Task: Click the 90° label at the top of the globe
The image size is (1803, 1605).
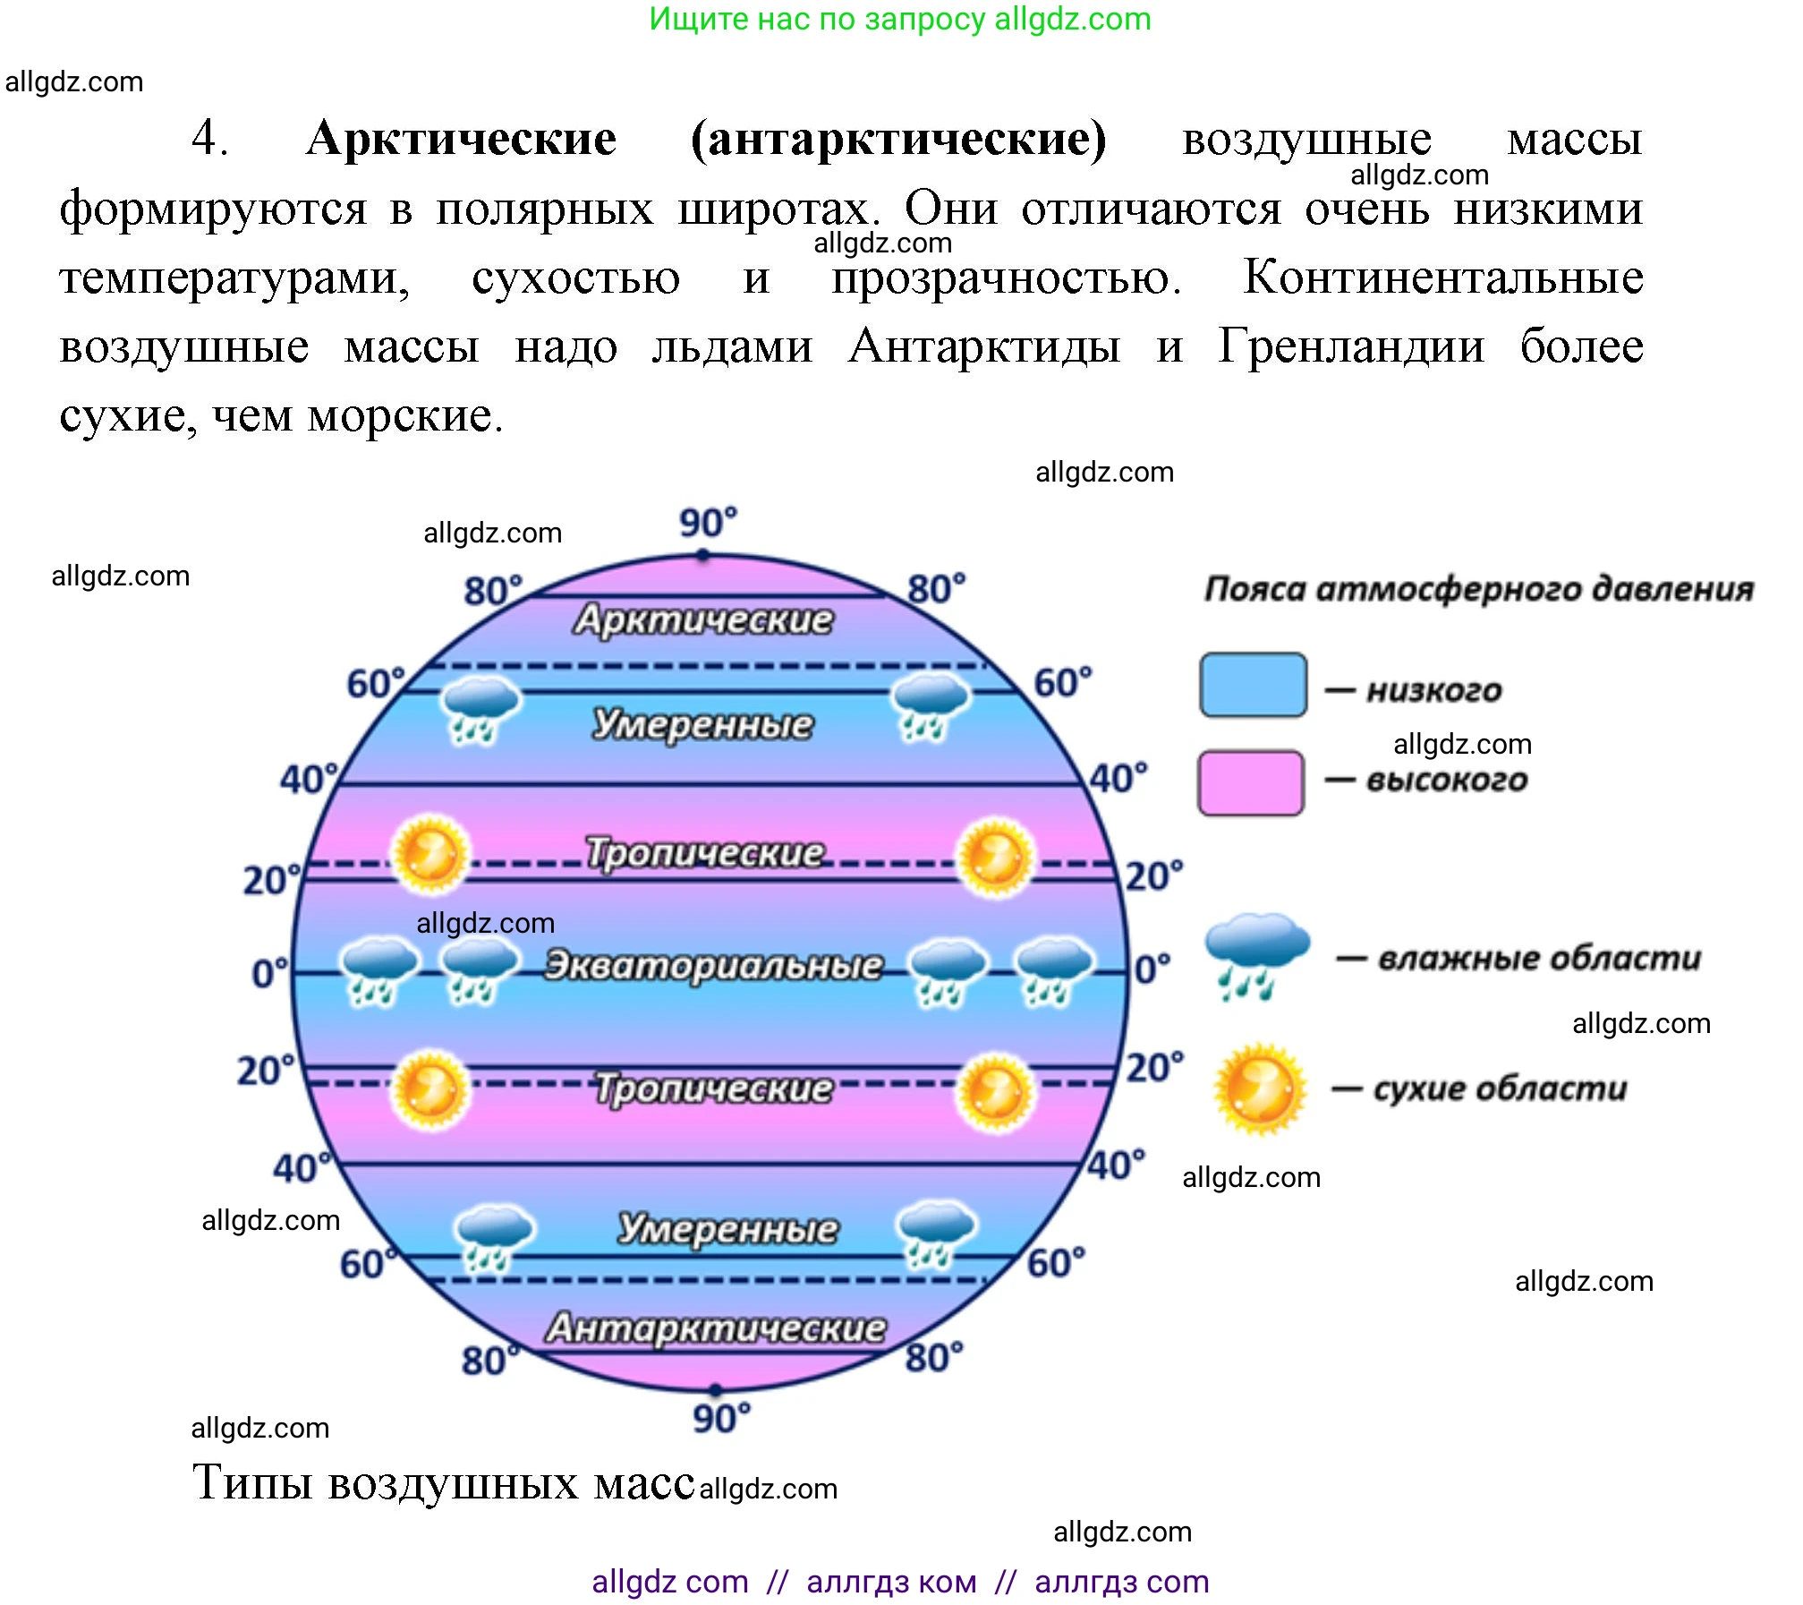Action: pyautogui.click(x=708, y=522)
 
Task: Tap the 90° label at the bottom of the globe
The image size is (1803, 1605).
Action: pyautogui.click(x=721, y=1418)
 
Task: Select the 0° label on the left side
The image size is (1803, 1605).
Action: pyautogui.click(x=269, y=973)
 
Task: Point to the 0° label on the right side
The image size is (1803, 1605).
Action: pyautogui.click(x=1152, y=969)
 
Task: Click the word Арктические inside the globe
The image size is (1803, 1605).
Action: pyautogui.click(x=703, y=619)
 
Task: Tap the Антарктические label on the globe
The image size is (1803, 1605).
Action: pyautogui.click(x=716, y=1328)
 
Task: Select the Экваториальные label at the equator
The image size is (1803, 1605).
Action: pyautogui.click(x=713, y=965)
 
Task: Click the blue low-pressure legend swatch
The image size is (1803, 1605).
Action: pyautogui.click(x=1253, y=686)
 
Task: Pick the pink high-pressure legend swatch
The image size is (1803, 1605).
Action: pyautogui.click(x=1251, y=782)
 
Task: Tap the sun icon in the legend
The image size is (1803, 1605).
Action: pyautogui.click(x=1260, y=1088)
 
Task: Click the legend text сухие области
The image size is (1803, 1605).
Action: pyautogui.click(x=1500, y=1088)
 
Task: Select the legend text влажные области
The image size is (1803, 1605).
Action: pyautogui.click(x=1539, y=958)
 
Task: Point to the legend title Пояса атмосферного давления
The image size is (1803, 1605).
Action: pyautogui.click(x=1478, y=589)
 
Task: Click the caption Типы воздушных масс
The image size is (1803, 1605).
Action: pyautogui.click(x=443, y=1482)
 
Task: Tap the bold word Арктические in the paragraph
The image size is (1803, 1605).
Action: pyautogui.click(x=461, y=139)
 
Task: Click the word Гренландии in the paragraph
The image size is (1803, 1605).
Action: pyautogui.click(x=1351, y=346)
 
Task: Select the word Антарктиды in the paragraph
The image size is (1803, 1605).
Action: pyautogui.click(x=984, y=346)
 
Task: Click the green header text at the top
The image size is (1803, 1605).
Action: pyautogui.click(x=899, y=19)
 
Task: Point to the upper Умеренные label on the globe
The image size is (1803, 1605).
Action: pyautogui.click(x=702, y=724)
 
